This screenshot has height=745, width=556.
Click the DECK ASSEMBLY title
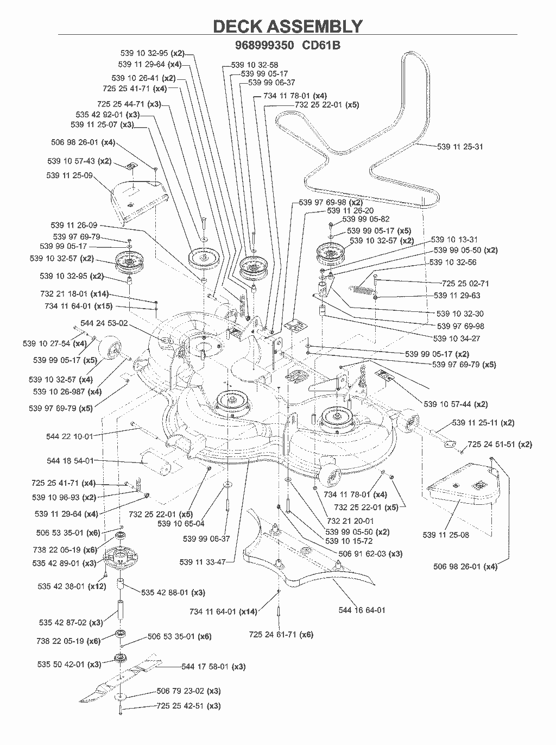288,27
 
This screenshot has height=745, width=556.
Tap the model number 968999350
264,45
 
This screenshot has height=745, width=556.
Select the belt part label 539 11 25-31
460,147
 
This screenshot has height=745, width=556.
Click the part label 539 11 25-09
69,176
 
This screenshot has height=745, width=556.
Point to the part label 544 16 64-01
362,610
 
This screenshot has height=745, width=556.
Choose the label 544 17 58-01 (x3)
213,667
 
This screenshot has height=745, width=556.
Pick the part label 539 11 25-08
445,535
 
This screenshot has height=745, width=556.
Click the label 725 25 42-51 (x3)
188,706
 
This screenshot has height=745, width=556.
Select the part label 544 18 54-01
70,461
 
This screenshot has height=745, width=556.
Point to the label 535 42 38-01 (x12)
72,586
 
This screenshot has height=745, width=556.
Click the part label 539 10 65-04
181,523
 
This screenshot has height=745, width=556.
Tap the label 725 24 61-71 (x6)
281,634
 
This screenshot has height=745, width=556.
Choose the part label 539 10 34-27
456,339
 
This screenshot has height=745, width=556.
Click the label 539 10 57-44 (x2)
456,404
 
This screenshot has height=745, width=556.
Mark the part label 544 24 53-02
104,323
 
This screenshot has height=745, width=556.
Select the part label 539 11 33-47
203,562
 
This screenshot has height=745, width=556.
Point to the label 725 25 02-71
465,284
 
